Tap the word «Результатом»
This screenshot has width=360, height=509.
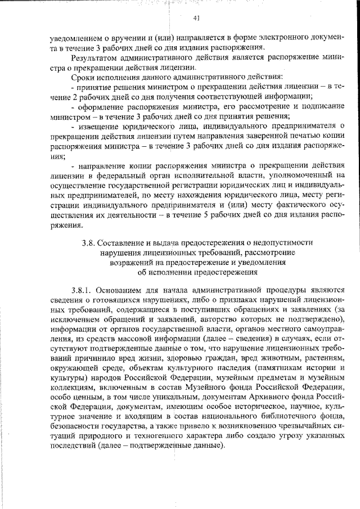click(95, 57)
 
